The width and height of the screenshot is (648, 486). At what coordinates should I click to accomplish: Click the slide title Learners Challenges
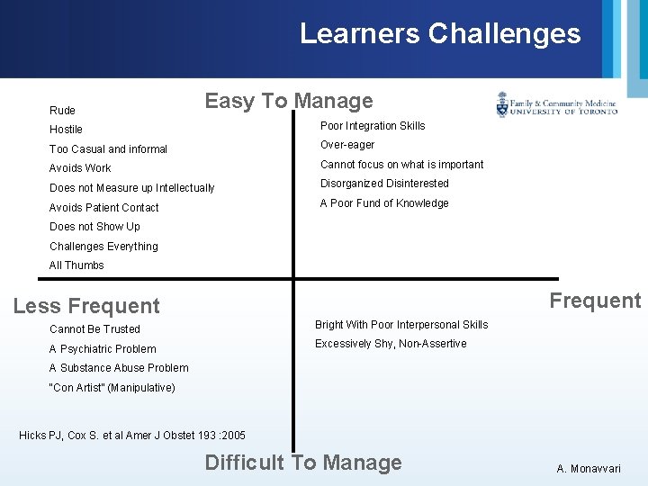(440, 34)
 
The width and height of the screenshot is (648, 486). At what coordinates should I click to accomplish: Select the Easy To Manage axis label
(288, 101)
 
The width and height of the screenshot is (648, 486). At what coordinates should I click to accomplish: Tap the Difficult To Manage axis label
(303, 463)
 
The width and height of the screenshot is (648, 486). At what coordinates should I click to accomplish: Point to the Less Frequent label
(86, 306)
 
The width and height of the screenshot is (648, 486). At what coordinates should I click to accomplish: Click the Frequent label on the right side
(595, 301)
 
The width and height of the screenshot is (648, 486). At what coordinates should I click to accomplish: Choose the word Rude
(62, 111)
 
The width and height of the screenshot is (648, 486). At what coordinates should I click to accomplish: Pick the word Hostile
(66, 130)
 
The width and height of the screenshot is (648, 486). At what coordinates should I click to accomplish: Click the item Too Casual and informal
(108, 149)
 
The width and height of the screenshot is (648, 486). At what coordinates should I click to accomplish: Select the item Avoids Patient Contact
(103, 208)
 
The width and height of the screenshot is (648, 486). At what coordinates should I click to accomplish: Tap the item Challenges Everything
(103, 247)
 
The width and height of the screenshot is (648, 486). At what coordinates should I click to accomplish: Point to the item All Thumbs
(76, 265)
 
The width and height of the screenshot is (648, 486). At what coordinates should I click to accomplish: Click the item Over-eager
(347, 145)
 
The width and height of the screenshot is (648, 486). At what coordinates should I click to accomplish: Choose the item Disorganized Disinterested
(384, 184)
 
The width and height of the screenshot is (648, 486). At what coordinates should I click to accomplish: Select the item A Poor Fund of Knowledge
(384, 203)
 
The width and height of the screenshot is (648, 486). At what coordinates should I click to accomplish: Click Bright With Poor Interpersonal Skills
(401, 325)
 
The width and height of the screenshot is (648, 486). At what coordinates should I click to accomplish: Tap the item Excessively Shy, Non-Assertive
(391, 344)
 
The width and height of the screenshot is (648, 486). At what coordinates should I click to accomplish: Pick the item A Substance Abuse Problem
(119, 368)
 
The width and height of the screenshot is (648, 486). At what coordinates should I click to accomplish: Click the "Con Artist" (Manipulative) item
(112, 388)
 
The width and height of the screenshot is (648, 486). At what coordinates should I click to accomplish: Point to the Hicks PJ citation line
(131, 436)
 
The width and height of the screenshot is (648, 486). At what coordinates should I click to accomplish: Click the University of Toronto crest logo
(502, 105)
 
